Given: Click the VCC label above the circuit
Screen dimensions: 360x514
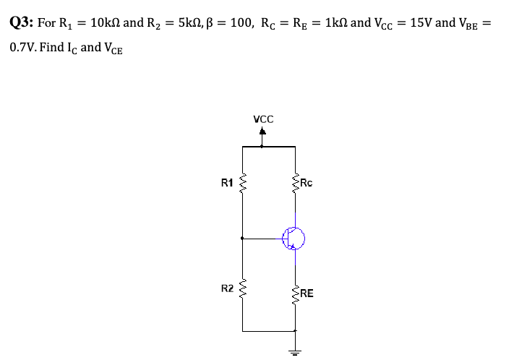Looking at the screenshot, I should [263, 119].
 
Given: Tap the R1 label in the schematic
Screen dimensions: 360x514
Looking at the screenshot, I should [226, 183].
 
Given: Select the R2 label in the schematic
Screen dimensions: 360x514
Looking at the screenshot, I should [226, 288].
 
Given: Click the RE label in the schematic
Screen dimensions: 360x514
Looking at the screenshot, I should [307, 293].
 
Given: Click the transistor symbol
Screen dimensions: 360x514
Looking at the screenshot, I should [294, 237].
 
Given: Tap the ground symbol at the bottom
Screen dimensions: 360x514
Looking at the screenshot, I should [295, 351].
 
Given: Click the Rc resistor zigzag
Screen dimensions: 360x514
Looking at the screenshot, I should [295, 184].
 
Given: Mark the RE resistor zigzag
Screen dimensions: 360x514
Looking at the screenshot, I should [295, 293].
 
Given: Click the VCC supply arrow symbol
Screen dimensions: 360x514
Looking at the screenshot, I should [262, 134].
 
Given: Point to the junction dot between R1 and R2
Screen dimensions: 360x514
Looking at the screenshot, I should [242, 237].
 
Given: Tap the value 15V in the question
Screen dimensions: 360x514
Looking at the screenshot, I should [421, 23].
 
